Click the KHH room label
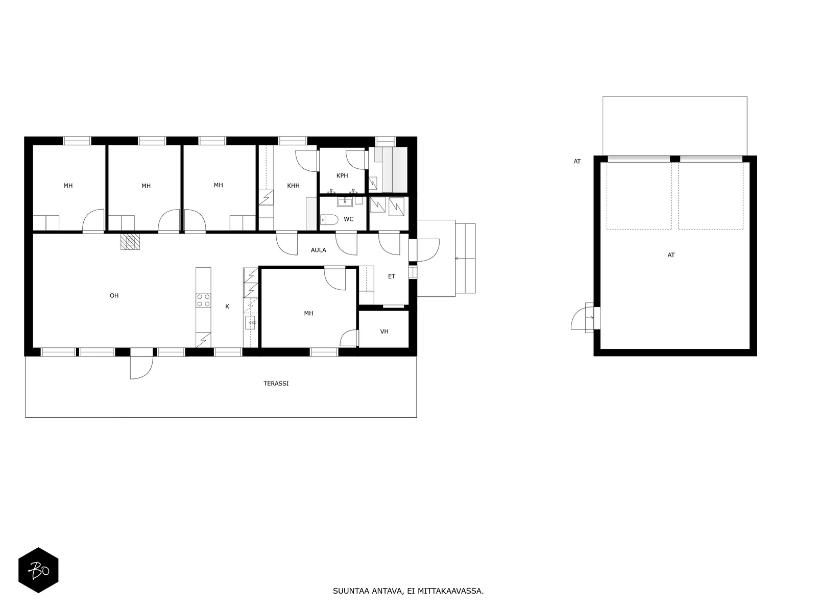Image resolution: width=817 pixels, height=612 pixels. [x=293, y=186]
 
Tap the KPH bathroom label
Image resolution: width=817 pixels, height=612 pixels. [x=342, y=176]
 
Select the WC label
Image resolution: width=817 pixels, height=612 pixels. [x=348, y=219]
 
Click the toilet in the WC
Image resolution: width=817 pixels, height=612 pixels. [x=329, y=220]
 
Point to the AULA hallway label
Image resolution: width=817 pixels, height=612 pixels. [x=319, y=250]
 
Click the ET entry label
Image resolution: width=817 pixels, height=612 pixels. [x=392, y=276]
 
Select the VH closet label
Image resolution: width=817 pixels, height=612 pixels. [x=385, y=331]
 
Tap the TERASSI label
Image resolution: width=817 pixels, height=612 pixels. [x=276, y=384]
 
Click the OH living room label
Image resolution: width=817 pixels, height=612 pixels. [x=114, y=296]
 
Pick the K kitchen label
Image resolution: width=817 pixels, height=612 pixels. [x=227, y=307]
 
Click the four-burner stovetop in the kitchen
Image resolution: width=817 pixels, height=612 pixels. [x=203, y=300]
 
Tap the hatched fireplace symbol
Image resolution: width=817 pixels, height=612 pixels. [x=130, y=242]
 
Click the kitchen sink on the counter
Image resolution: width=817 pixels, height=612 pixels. [x=251, y=322]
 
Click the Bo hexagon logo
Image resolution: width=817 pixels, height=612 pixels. [x=38, y=570]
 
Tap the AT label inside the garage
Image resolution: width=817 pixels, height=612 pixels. [x=671, y=256]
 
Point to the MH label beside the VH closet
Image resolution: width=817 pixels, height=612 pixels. [x=308, y=314]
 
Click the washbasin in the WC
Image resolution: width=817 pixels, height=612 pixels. [x=345, y=202]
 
